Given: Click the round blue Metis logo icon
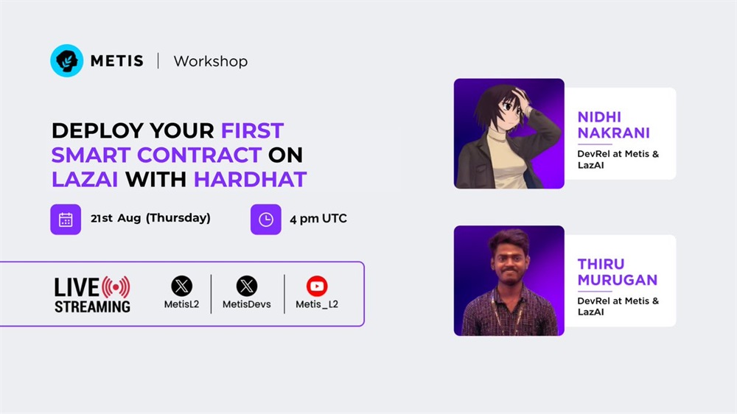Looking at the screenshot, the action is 67,60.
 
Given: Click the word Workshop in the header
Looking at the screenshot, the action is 211,62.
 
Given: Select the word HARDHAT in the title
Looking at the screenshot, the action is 250,180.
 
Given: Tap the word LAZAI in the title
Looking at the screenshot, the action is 85,180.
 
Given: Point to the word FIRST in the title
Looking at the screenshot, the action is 252,130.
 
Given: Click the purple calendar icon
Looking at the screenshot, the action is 66,220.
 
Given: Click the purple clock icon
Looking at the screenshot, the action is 266,220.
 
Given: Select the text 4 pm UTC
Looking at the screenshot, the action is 318,219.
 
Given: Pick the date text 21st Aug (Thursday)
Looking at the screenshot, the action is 150,218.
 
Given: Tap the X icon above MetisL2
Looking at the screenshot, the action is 181,286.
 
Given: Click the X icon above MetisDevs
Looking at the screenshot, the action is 247,286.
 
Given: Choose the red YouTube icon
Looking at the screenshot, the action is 317,286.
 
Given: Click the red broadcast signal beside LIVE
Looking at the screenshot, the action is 116,287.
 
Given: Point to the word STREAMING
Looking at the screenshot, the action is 93,307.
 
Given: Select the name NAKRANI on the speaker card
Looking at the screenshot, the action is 613,133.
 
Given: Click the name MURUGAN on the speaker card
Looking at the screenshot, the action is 617,280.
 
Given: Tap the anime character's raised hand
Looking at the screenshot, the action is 521,98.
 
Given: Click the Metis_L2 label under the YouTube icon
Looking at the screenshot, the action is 317,304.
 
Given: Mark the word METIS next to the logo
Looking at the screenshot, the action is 117,61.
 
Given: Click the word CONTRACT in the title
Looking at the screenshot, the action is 199,155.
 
